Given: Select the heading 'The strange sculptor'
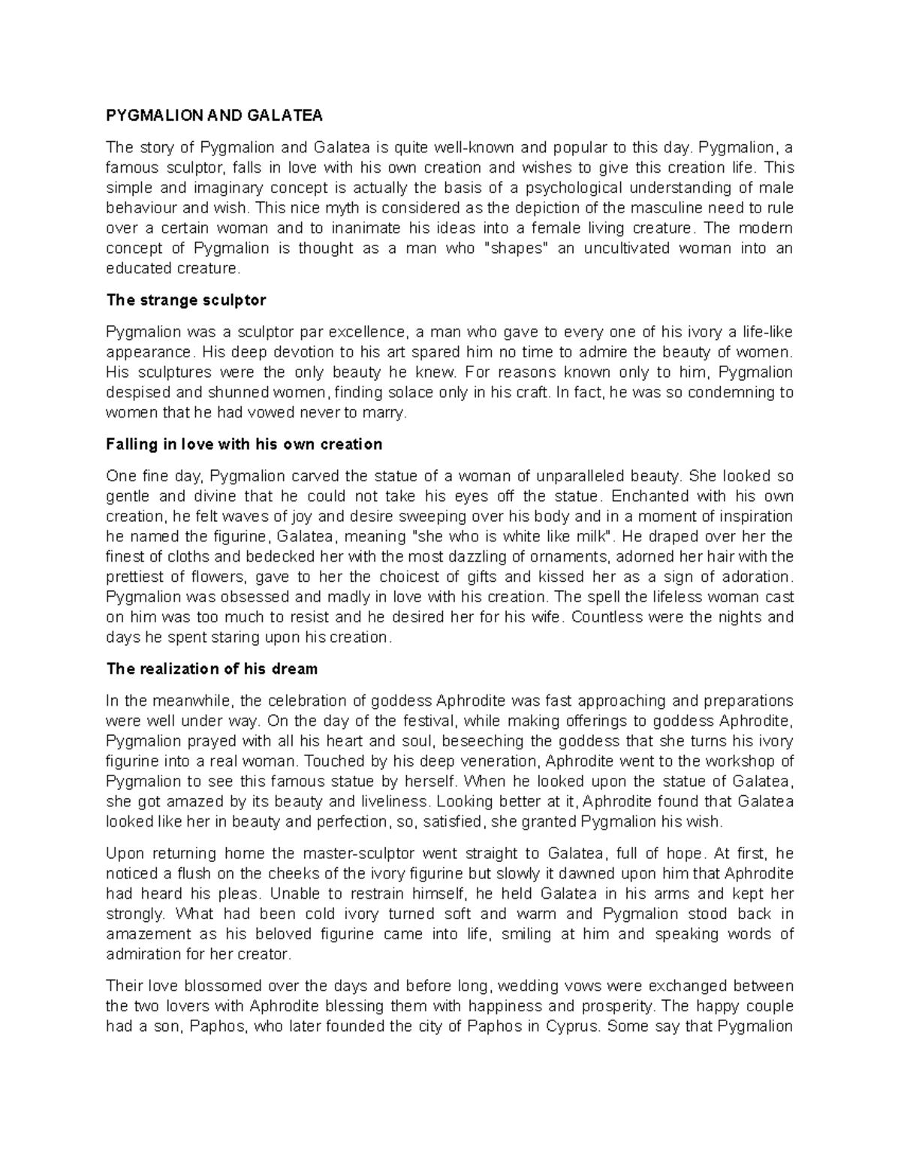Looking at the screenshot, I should coord(186,300).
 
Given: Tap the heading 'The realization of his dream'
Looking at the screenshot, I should coord(212,669).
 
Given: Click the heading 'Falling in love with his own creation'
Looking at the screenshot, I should coord(245,444).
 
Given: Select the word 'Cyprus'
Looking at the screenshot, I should coord(574,1026).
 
